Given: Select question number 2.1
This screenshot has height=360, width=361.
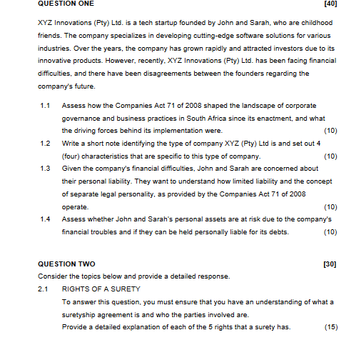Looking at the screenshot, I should click(x=45, y=289).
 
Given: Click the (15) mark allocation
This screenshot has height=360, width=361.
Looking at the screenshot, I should click(x=330, y=327).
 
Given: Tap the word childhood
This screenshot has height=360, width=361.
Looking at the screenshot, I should click(x=314, y=23).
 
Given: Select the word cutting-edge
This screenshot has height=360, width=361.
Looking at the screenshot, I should click(x=198, y=35).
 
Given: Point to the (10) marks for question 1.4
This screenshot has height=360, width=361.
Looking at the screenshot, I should click(x=330, y=231).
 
